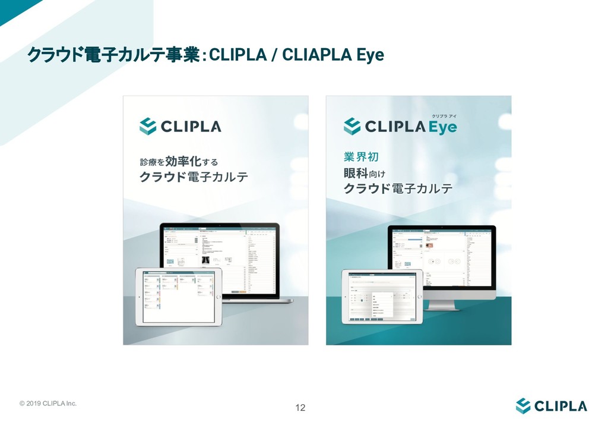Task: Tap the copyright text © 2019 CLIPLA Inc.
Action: coord(48,404)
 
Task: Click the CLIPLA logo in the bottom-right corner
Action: coord(551,406)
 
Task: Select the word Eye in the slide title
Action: coord(369,55)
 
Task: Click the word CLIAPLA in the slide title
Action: coord(315,55)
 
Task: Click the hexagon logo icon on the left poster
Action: coord(148,126)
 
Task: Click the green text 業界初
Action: coord(361,157)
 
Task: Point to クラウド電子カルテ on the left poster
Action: coord(194,178)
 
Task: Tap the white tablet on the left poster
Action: coord(178,297)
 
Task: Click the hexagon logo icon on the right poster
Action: coord(352,126)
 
